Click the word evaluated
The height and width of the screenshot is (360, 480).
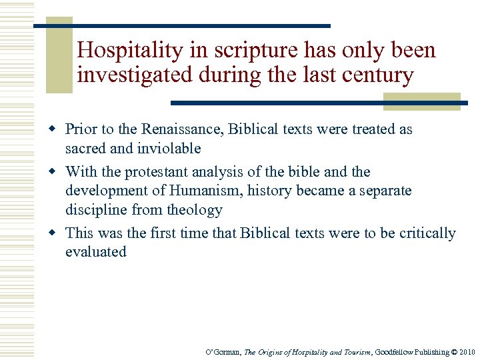tap(96, 251)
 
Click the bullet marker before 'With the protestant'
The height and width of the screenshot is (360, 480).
tap(56, 172)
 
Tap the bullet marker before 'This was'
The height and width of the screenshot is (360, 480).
tap(56, 233)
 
